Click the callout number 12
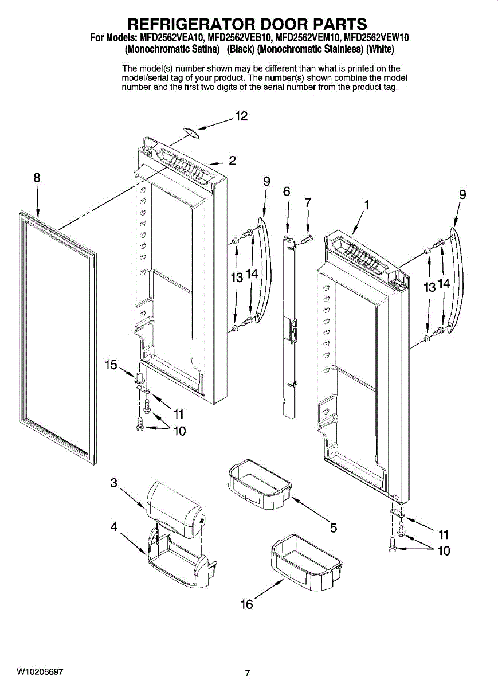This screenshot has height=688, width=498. (241, 116)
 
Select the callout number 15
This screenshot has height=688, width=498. (111, 364)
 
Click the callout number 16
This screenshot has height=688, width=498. (246, 604)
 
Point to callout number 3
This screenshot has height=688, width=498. (114, 483)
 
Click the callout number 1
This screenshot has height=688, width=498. (365, 204)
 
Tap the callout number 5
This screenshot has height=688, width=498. (333, 527)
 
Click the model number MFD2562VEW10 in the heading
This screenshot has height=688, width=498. (376, 38)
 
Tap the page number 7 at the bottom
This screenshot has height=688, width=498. (247, 673)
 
